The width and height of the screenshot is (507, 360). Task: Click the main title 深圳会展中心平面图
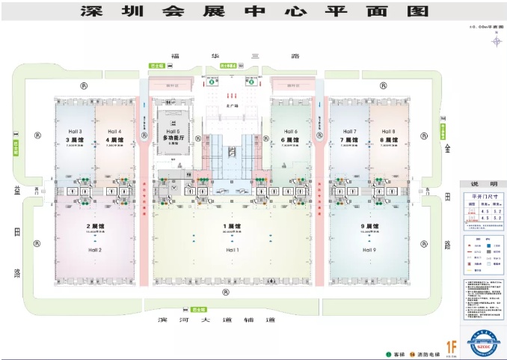coord(254,11)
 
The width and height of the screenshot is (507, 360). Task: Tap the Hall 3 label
coord(74,132)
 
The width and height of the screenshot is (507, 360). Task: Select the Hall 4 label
coord(114,132)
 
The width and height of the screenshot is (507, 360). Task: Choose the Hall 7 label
coord(349,132)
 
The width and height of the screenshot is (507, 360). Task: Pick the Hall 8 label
coord(388,132)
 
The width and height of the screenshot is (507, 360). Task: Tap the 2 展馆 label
coord(93,226)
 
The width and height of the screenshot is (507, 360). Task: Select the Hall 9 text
coord(369,249)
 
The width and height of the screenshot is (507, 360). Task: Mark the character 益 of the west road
coord(16,190)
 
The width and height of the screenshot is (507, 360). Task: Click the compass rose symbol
coord(496,40)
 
